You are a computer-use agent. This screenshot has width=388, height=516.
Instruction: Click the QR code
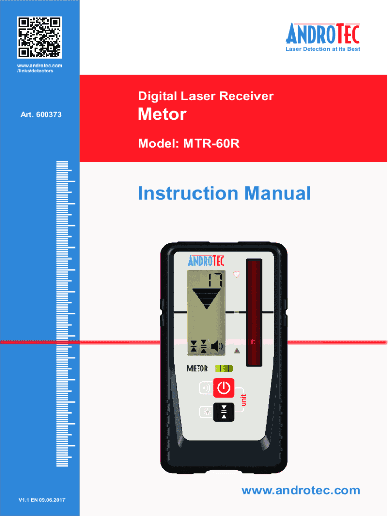click(x=40, y=37)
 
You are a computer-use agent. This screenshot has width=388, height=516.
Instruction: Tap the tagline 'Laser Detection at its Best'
click(x=323, y=49)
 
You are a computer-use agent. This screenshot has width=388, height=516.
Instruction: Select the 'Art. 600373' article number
click(x=41, y=115)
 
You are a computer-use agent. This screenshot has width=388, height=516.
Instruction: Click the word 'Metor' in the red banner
click(x=162, y=115)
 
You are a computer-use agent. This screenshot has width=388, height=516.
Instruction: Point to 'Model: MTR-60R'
click(x=188, y=144)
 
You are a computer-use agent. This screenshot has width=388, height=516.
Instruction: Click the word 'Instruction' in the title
click(x=188, y=193)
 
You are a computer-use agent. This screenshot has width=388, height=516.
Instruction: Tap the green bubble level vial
click(x=224, y=368)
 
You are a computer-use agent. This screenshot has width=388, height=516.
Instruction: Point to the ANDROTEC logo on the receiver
click(x=207, y=261)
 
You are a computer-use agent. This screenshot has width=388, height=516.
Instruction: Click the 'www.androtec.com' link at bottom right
click(x=301, y=491)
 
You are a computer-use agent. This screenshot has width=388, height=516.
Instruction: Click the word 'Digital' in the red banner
click(x=156, y=96)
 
